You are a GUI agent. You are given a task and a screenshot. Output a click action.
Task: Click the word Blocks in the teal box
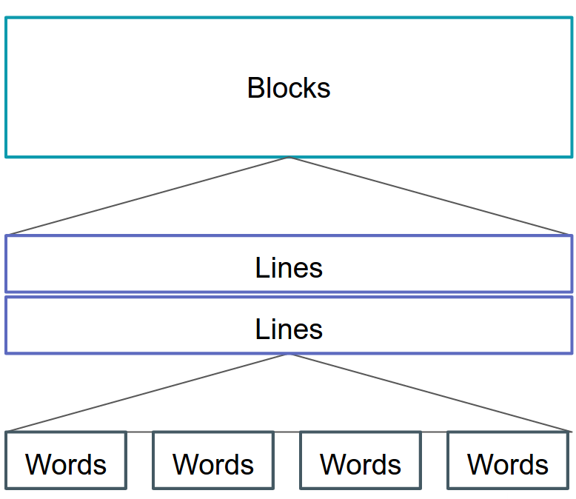tap(289, 88)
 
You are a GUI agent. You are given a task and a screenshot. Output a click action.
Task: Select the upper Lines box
tap(289, 264)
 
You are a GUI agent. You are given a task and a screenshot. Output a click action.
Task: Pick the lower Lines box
tap(289, 326)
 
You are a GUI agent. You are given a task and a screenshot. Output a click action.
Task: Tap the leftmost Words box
tap(66, 461)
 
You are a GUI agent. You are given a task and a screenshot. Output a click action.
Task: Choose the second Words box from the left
tap(213, 461)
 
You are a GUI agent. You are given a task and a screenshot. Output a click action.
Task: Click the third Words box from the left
tap(361, 461)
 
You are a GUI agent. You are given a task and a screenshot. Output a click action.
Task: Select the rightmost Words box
tap(508, 461)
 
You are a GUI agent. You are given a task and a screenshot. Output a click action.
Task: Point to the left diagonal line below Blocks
tap(148, 195)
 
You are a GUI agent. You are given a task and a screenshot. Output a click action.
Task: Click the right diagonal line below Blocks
tap(429, 195)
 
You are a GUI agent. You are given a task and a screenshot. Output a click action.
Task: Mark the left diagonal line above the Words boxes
tap(148, 392)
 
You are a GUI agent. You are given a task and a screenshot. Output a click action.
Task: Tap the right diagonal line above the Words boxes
tap(429, 392)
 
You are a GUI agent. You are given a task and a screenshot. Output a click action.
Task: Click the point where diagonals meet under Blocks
tap(289, 158)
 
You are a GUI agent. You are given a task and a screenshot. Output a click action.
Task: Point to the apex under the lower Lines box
tap(289, 355)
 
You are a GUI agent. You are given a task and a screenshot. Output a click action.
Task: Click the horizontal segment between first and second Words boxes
tap(140, 432)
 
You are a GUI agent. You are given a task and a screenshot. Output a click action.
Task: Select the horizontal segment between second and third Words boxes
tap(287, 432)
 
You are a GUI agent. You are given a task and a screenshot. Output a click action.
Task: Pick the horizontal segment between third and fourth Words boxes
tap(434, 432)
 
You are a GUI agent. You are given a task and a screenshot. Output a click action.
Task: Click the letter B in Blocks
tap(255, 88)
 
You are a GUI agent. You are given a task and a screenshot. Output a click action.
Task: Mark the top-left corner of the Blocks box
tap(6, 19)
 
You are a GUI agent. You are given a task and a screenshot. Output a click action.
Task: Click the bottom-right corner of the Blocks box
tap(572, 156)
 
